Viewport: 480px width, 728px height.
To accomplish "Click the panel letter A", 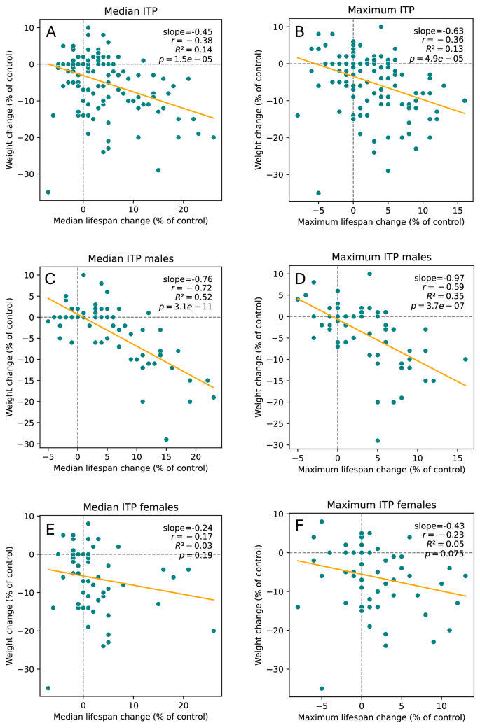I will [51, 32].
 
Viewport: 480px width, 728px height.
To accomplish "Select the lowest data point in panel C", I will [166, 440].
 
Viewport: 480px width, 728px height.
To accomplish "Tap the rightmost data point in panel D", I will [465, 359].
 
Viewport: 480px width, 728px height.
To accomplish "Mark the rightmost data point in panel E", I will [213, 631].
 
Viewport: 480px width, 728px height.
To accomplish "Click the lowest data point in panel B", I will [318, 192].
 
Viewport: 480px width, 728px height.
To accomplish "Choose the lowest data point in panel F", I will [322, 688].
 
